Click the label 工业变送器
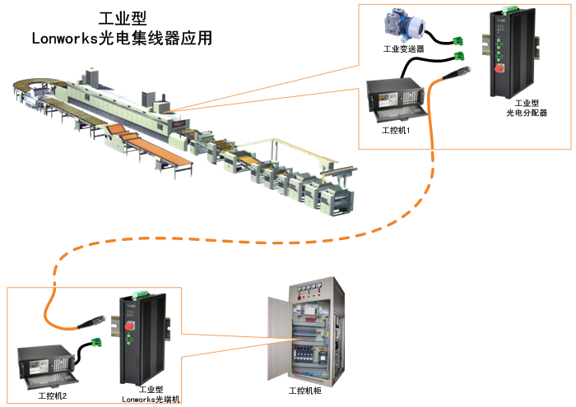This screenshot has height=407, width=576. coord(404,49)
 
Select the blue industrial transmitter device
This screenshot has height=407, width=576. coord(402,25)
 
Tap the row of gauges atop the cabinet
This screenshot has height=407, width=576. coord(310,289)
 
